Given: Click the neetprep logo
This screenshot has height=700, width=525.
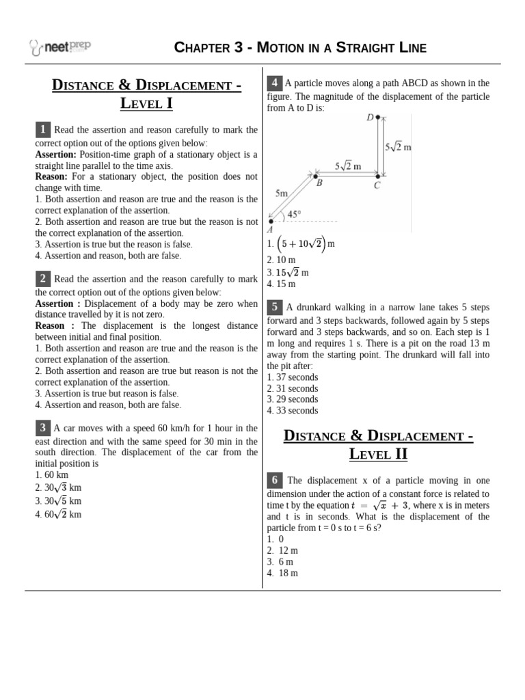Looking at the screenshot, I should [x=60, y=47].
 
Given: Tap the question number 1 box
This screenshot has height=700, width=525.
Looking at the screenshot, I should [x=43, y=129].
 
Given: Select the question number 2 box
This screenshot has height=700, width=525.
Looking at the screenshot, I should [x=43, y=278].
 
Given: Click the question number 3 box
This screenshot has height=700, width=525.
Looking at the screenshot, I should [x=43, y=428].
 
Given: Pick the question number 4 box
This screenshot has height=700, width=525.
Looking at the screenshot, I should [x=274, y=83].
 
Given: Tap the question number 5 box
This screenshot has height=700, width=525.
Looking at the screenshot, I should [x=274, y=307].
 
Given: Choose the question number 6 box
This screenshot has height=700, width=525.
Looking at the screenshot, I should [x=274, y=481].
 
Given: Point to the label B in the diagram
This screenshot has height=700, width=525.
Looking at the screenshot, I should [x=319, y=183].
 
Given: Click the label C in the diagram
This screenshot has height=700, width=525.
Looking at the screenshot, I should [x=377, y=185].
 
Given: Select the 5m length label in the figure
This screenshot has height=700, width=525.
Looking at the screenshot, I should [x=282, y=193].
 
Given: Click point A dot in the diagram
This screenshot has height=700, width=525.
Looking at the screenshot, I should [x=271, y=221].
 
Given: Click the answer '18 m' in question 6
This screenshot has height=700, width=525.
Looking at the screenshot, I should [x=288, y=573].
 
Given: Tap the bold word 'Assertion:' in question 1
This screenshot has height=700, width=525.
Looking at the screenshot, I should [x=56, y=154].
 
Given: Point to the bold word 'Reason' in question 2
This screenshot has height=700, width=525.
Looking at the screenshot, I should [x=50, y=325].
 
